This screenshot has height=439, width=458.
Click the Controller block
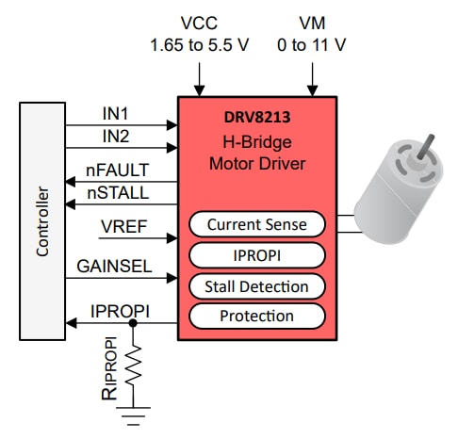click(41, 222)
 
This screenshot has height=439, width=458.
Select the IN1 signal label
click(116, 114)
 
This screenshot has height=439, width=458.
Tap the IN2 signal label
click(116, 138)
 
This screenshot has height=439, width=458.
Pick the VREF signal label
click(117, 227)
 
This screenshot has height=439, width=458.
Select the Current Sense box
click(256, 224)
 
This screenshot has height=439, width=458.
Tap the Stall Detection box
click(256, 285)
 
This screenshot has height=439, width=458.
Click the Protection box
click(256, 316)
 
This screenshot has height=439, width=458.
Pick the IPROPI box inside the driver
click(256, 254)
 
